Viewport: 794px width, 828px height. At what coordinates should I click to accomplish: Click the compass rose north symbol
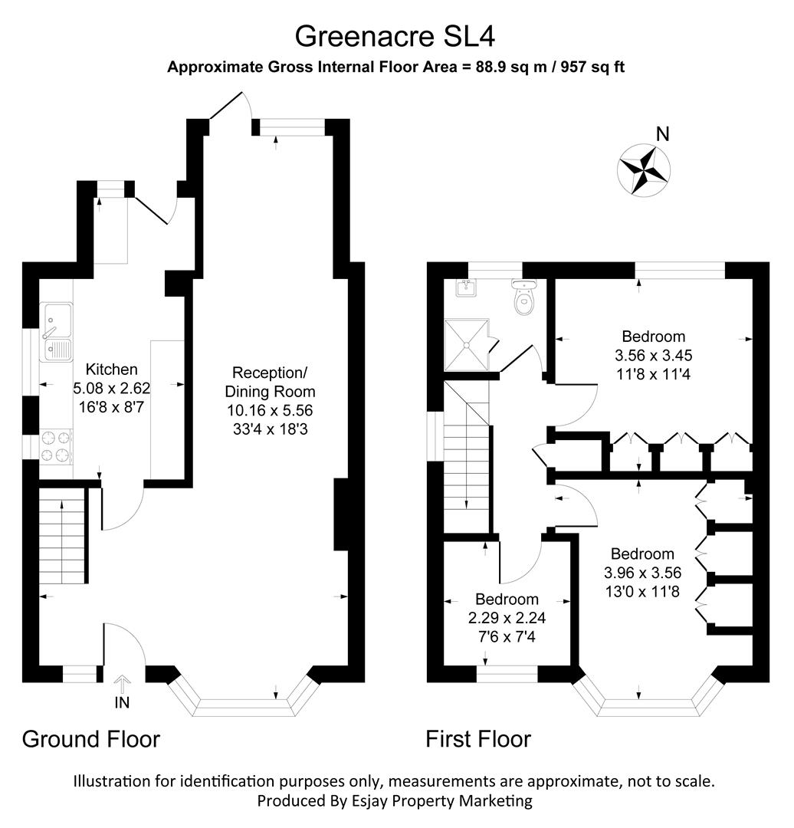click(x=644, y=169)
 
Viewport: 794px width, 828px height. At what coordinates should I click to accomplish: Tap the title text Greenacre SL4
click(x=399, y=36)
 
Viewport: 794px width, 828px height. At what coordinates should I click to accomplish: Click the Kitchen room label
click(x=111, y=369)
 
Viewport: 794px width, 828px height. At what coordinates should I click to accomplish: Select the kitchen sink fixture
click(x=57, y=331)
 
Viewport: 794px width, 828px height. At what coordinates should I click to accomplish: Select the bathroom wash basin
click(x=466, y=287)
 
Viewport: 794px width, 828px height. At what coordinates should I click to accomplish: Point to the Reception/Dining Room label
click(x=270, y=381)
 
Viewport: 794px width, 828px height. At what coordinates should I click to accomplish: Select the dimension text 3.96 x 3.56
click(x=642, y=572)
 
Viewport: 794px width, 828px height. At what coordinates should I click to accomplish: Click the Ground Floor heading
click(x=90, y=739)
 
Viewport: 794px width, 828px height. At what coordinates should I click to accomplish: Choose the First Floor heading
click(x=478, y=739)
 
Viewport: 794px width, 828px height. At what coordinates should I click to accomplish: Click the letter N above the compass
click(x=663, y=135)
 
